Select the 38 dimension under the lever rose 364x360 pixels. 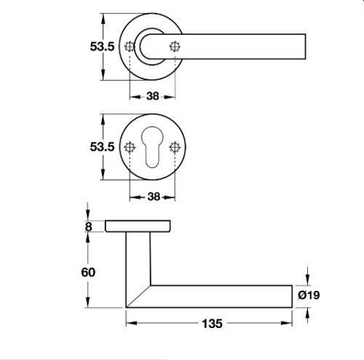click(152, 95)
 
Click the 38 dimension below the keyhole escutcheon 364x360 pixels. click(152, 195)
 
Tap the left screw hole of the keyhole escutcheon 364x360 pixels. click(130, 147)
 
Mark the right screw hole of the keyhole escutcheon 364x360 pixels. click(175, 147)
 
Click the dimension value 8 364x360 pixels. click(90, 226)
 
